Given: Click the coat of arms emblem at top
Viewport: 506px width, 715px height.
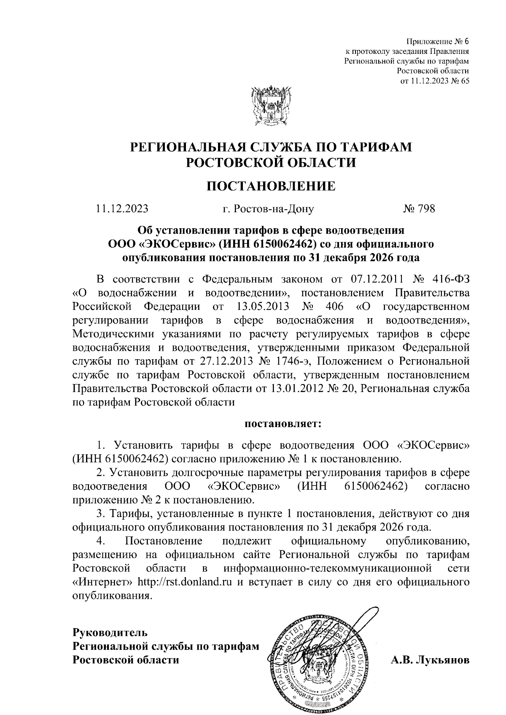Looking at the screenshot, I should point(271,106).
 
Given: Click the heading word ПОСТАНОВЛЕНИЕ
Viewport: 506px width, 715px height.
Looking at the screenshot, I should point(271,186).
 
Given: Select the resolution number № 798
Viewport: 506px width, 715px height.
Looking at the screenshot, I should point(419,208).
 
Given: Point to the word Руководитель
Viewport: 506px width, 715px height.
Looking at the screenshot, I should point(110,632).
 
